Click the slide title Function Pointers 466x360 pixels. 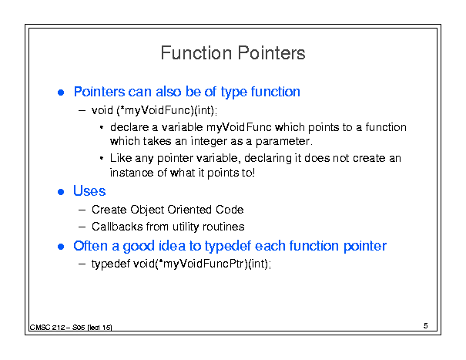pos(233,53)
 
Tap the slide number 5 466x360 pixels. pos(426,326)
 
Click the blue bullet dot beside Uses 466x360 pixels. pos(61,192)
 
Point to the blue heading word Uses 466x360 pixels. pos(89,191)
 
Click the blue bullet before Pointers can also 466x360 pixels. pos(61,93)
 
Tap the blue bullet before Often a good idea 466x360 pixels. pos(61,247)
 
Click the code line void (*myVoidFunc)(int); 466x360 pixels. pos(154,110)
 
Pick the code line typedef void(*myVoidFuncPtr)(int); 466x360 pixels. pos(181,264)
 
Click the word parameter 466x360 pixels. pos(283,141)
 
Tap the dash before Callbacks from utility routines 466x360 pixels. pos(82,227)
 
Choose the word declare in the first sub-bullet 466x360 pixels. pos(129,127)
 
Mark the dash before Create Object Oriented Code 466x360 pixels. pos(82,210)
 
